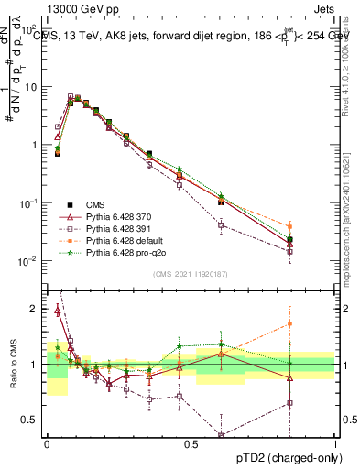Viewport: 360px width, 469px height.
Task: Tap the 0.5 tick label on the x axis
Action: click(x=191, y=442)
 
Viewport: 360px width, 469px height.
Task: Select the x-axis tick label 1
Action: click(x=334, y=442)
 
